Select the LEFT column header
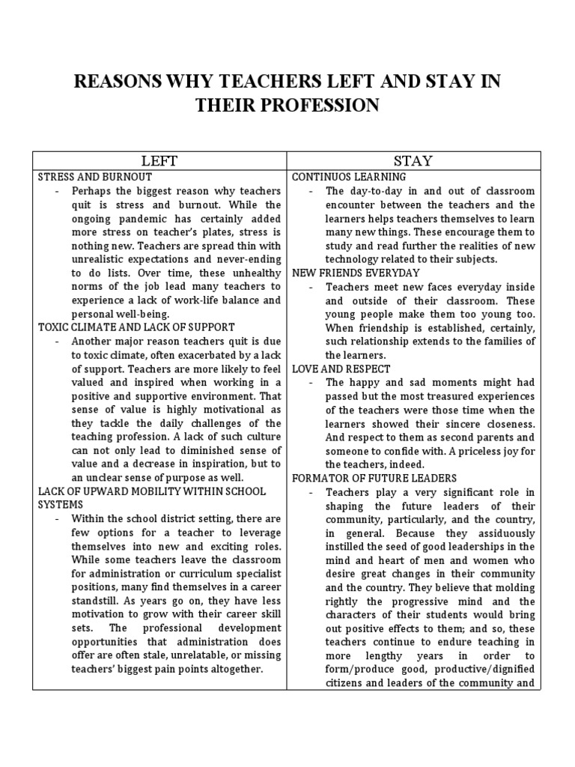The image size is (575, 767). tap(159, 160)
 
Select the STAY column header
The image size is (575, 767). tap(413, 160)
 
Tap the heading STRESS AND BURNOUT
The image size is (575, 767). tap(95, 178)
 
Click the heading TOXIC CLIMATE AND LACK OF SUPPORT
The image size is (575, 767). tap(136, 327)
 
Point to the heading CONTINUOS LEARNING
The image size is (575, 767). tap(349, 178)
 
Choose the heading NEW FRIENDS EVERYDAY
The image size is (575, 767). tap(356, 273)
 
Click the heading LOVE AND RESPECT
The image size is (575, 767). tap(341, 369)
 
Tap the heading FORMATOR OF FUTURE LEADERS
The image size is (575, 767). tap(374, 478)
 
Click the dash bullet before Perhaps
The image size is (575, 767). tap(58, 191)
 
